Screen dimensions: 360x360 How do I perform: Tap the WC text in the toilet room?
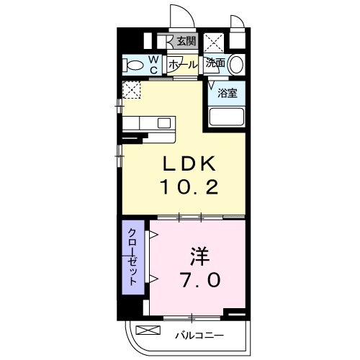pos(153,64)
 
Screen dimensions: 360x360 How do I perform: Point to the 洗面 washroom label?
pos(215,63)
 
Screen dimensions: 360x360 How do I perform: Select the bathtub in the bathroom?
pos(225,117)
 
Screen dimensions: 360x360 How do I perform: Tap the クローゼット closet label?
pos(133,258)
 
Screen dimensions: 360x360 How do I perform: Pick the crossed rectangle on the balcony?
pos(146,330)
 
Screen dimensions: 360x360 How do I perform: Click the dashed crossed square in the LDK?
pos(131,91)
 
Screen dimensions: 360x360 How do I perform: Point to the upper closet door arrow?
pos(153,235)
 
